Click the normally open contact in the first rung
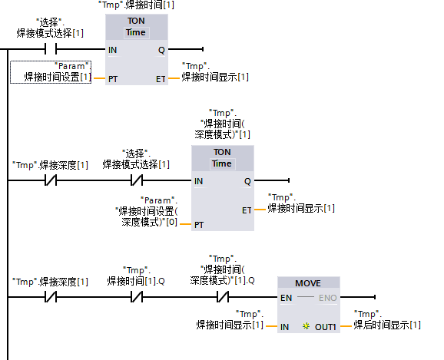pos(51,49)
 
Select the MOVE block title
pos(308,283)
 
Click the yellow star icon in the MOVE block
pos(306,326)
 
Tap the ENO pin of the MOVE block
pos(327,298)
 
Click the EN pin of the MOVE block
pos(286,298)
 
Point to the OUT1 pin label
pos(326,327)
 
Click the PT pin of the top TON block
pos(113,79)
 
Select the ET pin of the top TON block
pos(161,79)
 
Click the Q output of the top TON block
pos(161,50)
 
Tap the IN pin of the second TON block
pos(198,181)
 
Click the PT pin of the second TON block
pos(199,225)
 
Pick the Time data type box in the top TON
pos(136,32)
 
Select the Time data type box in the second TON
pos(222,163)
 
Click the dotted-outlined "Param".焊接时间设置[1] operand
pos(51,72)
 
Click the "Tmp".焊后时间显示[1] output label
pos(387,319)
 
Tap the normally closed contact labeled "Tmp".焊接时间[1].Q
pos(137,297)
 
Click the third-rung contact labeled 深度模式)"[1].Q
pos(223,297)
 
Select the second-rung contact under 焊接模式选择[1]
pos(137,180)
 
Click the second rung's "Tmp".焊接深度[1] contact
pos(51,180)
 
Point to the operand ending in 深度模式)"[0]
pos(147,211)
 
